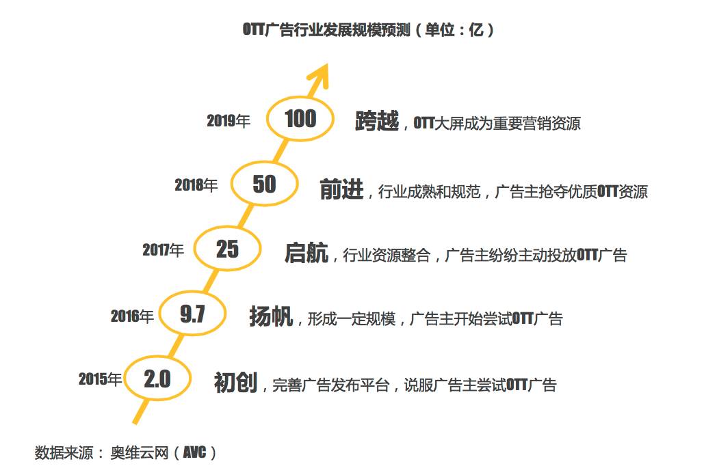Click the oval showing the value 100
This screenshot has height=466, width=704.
pos(300,120)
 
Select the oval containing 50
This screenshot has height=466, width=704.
pos(264,184)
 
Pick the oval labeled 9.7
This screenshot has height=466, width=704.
pos(192,314)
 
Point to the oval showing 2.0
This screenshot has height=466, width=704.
pos(157,379)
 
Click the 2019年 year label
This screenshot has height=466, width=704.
pos(229,122)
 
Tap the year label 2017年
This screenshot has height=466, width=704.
pos(164,251)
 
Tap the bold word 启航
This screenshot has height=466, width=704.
pos(307,253)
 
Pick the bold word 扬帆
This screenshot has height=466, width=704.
pos(272,316)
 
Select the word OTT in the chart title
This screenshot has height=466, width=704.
pos(253,30)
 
